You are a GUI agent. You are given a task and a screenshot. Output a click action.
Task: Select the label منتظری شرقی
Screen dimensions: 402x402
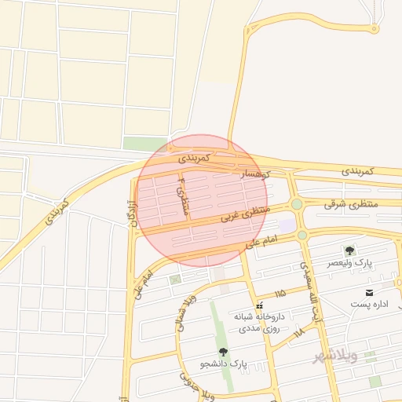pyautogui.click(x=351, y=203)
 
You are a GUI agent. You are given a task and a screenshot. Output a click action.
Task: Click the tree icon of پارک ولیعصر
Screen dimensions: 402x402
pyautogui.click(x=349, y=250)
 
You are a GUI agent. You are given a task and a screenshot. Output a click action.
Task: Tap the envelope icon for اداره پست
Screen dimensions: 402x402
pyautogui.click(x=369, y=292)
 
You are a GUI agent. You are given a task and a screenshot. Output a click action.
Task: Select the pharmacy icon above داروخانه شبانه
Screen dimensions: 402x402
pyautogui.click(x=259, y=305)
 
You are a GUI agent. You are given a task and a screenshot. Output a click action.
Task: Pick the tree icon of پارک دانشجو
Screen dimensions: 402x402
pyautogui.click(x=222, y=353)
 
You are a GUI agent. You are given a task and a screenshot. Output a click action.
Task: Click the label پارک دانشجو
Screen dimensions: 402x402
pyautogui.click(x=223, y=364)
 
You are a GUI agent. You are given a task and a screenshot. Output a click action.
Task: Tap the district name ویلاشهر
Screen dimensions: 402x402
pyautogui.click(x=335, y=356)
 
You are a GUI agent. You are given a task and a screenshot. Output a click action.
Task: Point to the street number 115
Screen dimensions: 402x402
pyautogui.click(x=280, y=294)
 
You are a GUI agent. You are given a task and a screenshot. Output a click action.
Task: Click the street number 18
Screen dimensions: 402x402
pyautogui.click(x=298, y=334)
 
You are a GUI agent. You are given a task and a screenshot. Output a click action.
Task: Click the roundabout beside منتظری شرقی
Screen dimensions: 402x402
pyautogui.click(x=297, y=204)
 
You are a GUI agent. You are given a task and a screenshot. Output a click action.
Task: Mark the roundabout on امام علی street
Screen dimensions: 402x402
pyautogui.click(x=302, y=234)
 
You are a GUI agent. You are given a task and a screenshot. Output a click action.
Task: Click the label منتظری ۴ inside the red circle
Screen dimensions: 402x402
pyautogui.click(x=184, y=199)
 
